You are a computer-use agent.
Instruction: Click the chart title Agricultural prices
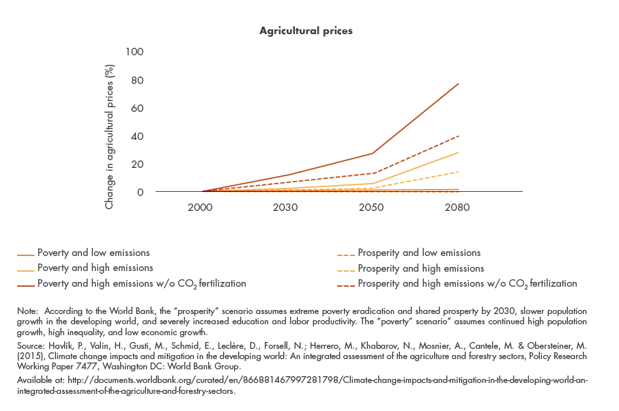pyautogui.click(x=306, y=31)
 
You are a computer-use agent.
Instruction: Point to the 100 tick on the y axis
pyautogui.click(x=135, y=52)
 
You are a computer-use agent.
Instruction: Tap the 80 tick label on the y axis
pyautogui.click(x=138, y=80)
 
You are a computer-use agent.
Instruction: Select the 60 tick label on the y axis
pyautogui.click(x=138, y=108)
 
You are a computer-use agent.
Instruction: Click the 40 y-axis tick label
pyautogui.click(x=138, y=136)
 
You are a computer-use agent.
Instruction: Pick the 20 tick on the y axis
pyautogui.click(x=138, y=164)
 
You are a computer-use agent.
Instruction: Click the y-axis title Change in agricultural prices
pyautogui.click(x=109, y=128)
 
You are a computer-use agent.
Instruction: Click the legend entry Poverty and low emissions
pyautogui.click(x=93, y=253)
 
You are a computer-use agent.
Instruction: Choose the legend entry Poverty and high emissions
pyautogui.click(x=95, y=268)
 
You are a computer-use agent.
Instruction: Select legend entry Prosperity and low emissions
pyautogui.click(x=419, y=253)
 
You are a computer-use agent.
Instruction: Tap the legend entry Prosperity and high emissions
pyautogui.click(x=420, y=268)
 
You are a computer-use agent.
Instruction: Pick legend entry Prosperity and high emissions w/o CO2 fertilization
pyautogui.click(x=467, y=283)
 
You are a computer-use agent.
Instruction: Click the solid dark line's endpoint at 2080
pyautogui.click(x=458, y=84)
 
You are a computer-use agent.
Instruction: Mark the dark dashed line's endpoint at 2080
pyautogui.click(x=458, y=136)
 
